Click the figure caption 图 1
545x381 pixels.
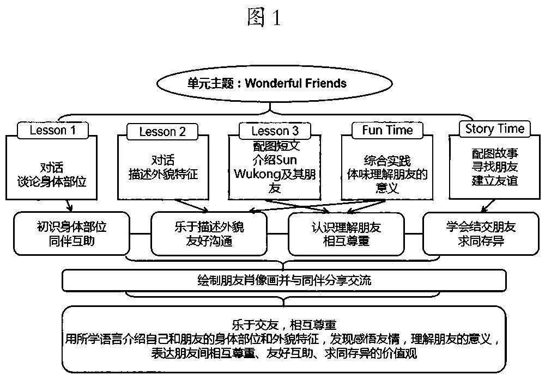pos(264,18)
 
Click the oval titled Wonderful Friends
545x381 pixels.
pos(274,84)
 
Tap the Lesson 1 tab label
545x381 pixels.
pos(53,130)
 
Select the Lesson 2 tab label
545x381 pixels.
pos(162,132)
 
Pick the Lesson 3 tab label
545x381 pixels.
pos(275,131)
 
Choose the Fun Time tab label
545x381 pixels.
pos(387,130)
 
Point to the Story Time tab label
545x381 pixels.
pos(495,129)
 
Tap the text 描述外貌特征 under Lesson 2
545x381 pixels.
pos(163,175)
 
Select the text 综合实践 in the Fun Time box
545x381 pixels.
pos(387,161)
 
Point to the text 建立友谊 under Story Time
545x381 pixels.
pos(495,181)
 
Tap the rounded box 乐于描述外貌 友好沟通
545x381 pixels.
pos(209,233)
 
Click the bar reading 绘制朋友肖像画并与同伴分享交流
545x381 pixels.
pos(284,280)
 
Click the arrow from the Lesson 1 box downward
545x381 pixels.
pos(69,205)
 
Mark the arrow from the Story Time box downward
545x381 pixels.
pos(488,206)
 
